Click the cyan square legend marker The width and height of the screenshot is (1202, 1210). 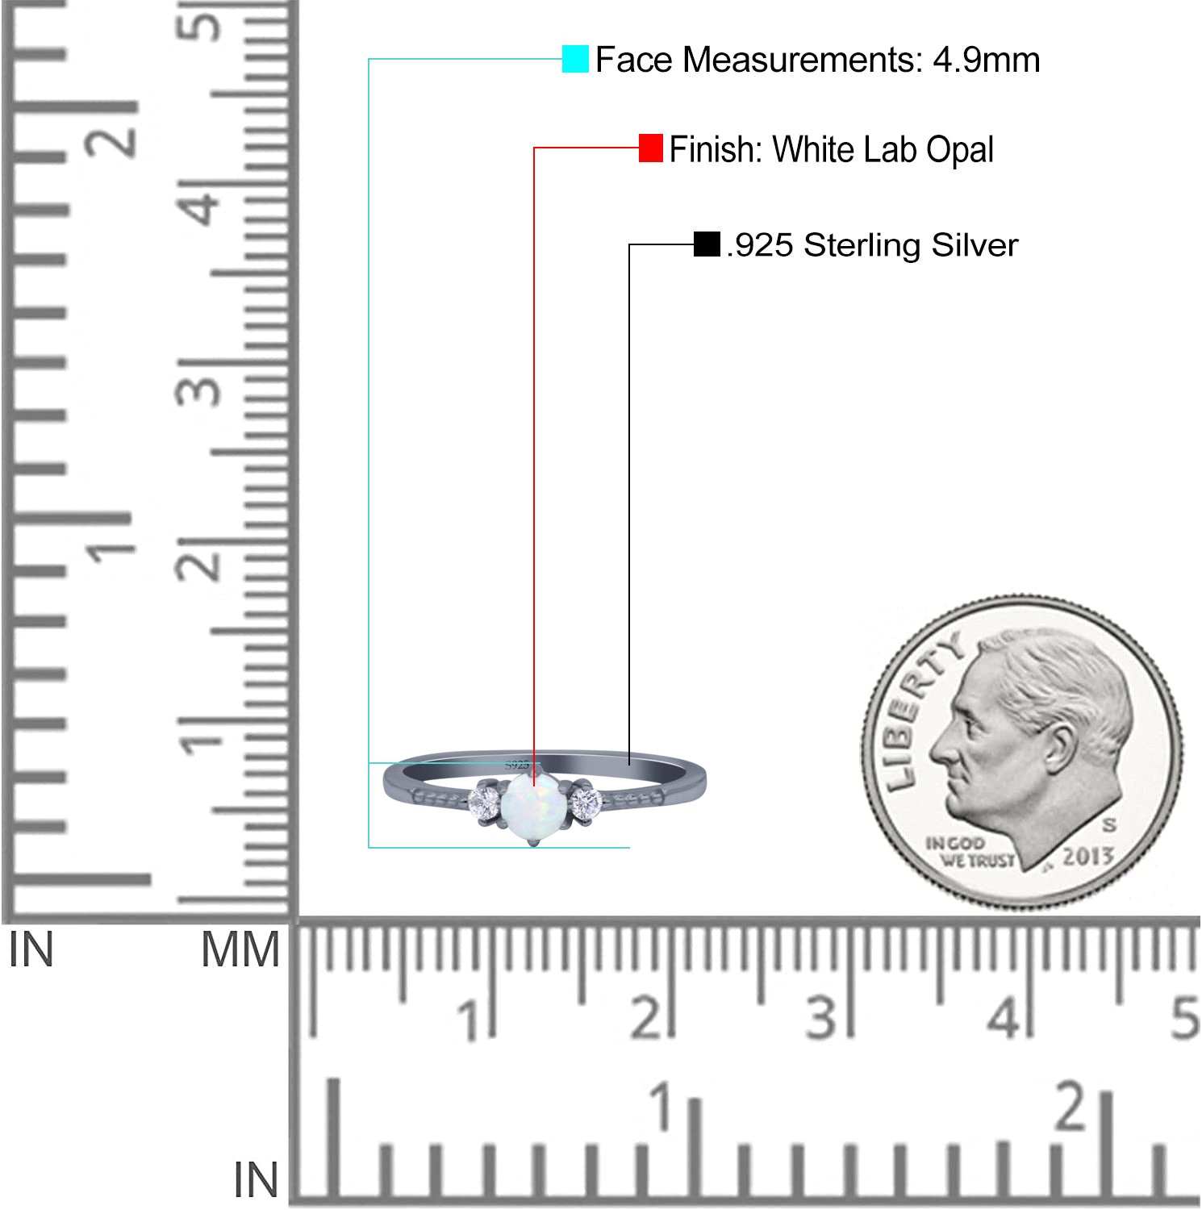(x=575, y=59)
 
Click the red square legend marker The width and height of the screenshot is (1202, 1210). (x=651, y=148)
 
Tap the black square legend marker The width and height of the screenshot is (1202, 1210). (x=707, y=244)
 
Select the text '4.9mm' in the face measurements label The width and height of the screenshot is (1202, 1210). (x=987, y=60)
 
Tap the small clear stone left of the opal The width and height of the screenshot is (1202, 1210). (x=485, y=803)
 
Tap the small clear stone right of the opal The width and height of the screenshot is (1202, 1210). (x=586, y=803)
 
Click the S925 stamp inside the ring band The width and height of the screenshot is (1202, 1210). (x=517, y=764)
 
